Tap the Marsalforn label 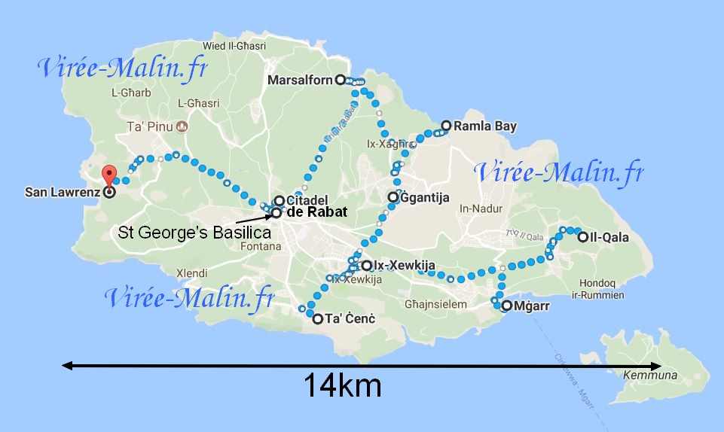point(301,80)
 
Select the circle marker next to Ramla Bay point(446,126)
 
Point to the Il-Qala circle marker point(582,237)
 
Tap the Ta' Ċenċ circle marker point(317,319)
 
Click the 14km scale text point(342,386)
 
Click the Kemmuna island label point(650,375)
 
